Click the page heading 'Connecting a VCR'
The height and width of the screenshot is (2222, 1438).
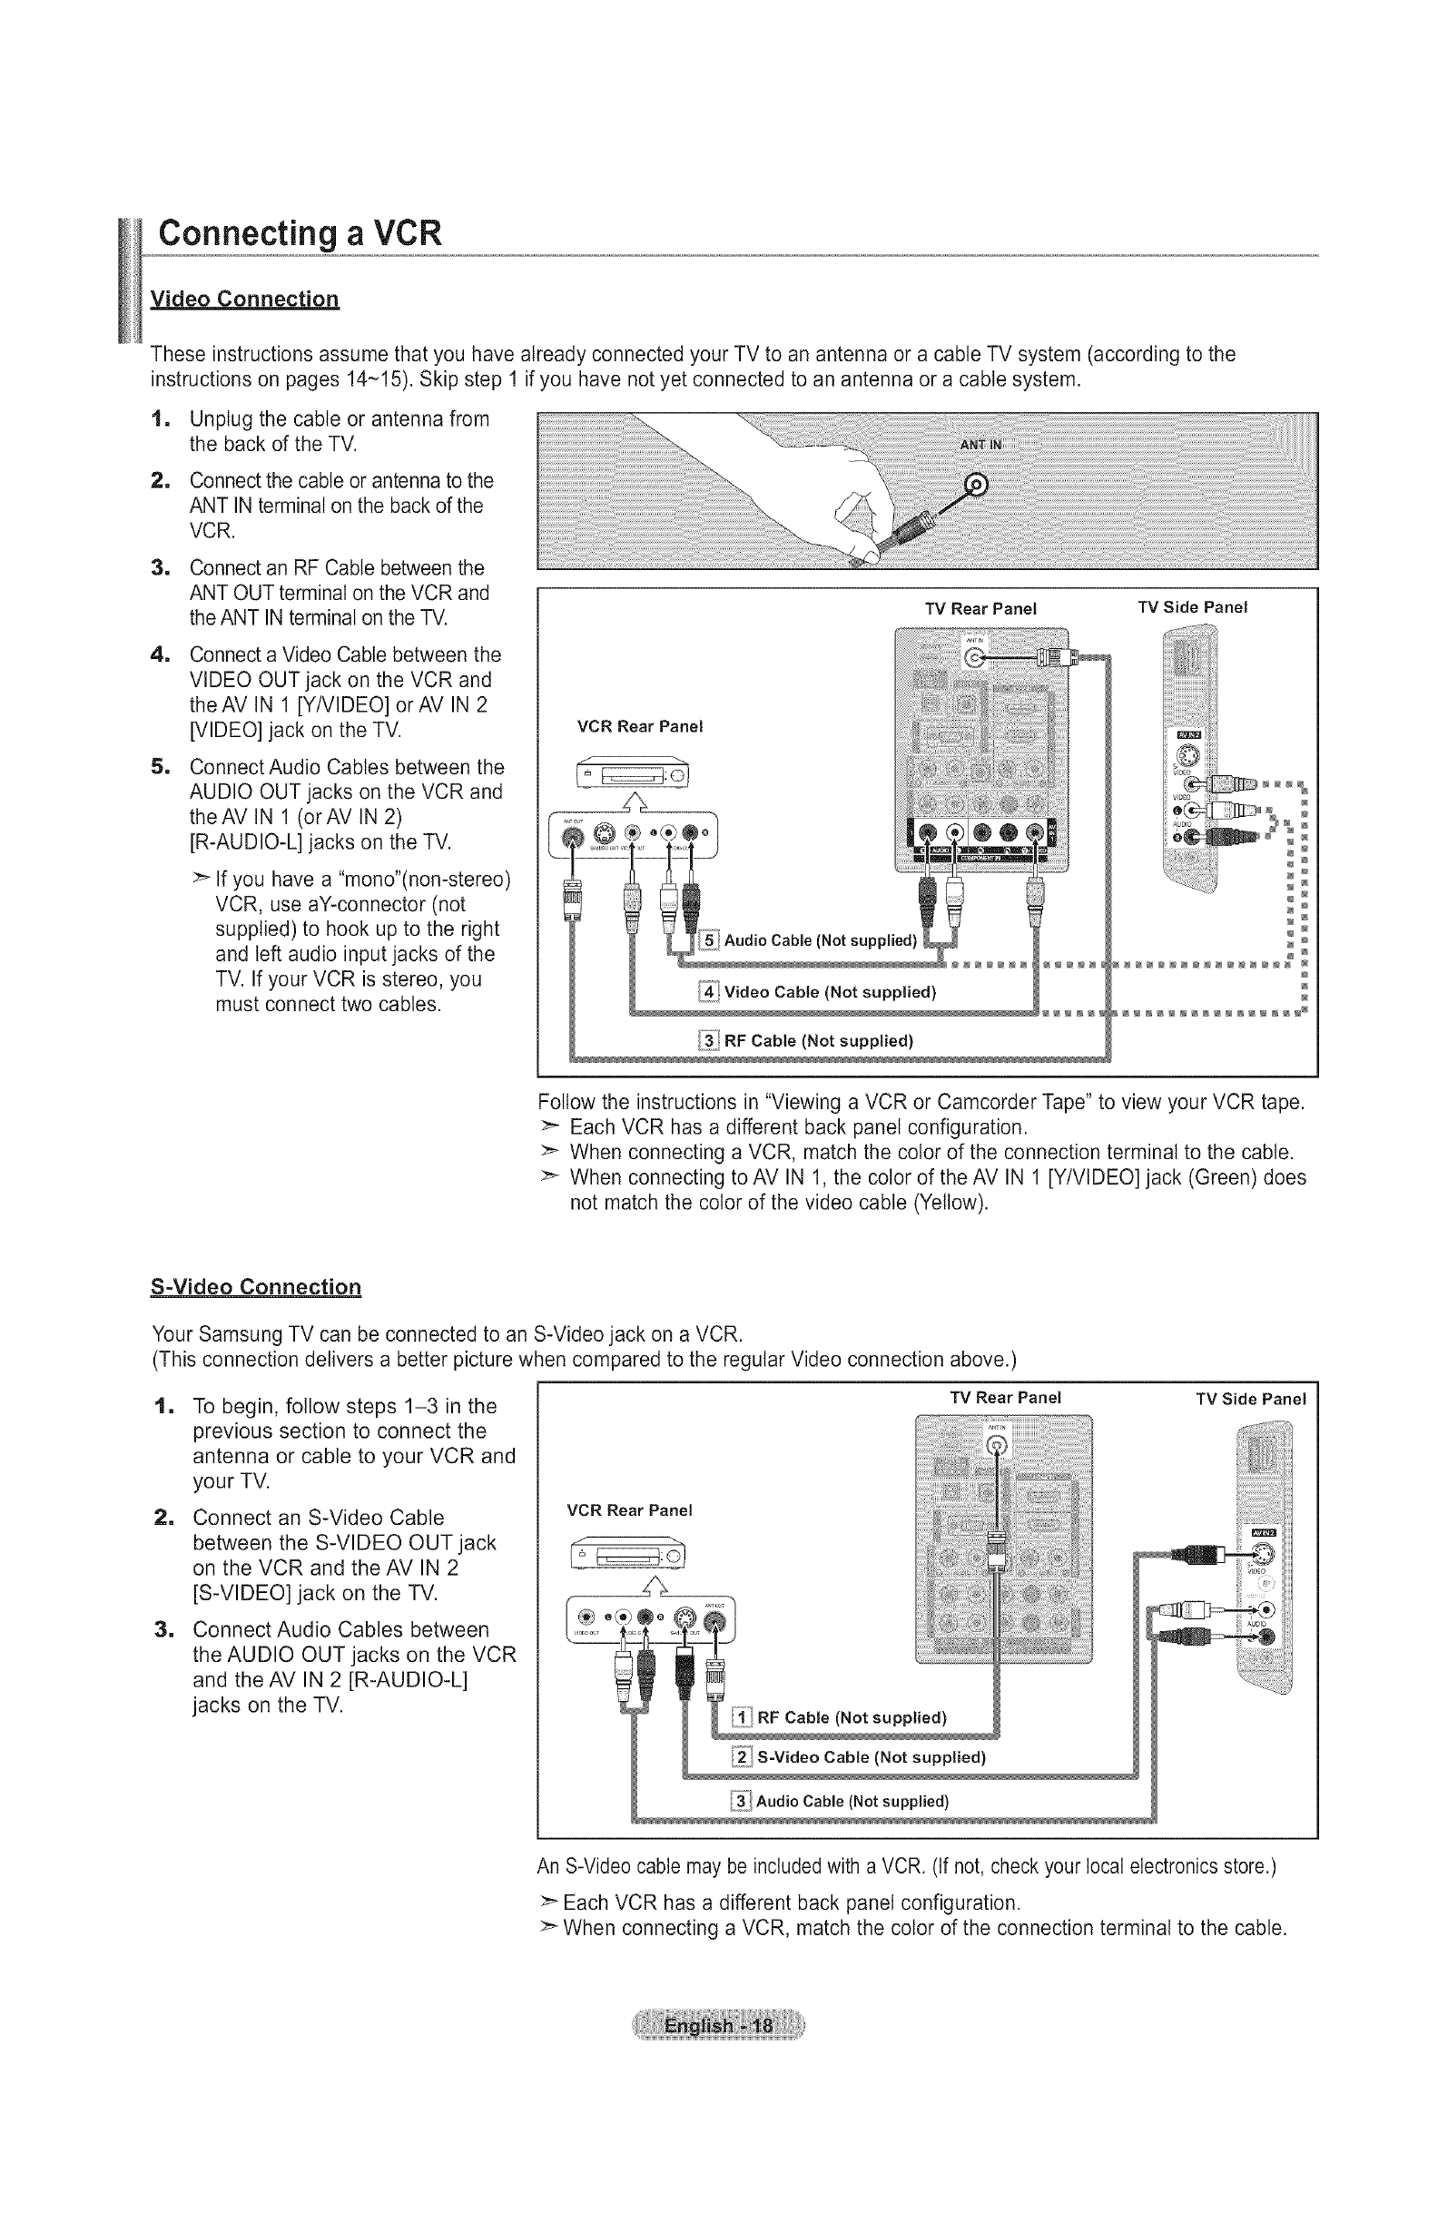point(299,232)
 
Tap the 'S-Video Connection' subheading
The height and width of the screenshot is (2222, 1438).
point(256,1286)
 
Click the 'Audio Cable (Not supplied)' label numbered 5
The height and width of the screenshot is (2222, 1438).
point(820,940)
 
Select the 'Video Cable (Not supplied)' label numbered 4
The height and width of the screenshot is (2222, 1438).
point(829,991)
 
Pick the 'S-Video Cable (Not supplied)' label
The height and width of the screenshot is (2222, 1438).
point(872,1757)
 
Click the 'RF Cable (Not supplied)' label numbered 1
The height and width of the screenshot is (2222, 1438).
point(852,1718)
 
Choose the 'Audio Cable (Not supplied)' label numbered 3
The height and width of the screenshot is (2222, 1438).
point(852,1801)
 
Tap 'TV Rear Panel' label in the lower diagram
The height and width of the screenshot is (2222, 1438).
point(1006,1398)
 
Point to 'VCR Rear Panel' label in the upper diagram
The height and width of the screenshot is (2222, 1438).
point(640,726)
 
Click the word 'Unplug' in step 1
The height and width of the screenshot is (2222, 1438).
point(222,419)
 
